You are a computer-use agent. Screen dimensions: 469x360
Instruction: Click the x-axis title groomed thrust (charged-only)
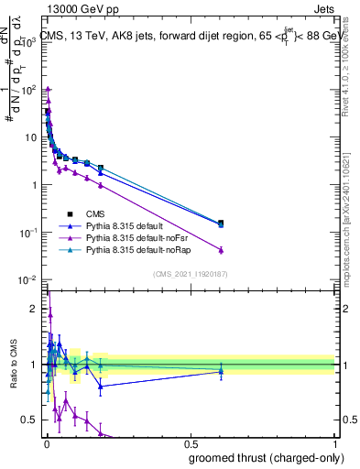[x=265, y=457]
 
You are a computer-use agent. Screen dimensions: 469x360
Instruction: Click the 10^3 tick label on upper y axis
[x=28, y=42]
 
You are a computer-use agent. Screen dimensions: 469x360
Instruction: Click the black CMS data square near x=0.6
[x=221, y=223]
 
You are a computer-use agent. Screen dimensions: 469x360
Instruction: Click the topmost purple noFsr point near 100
[x=47, y=89]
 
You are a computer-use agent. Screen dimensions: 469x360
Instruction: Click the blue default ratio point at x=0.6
[x=221, y=371]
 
